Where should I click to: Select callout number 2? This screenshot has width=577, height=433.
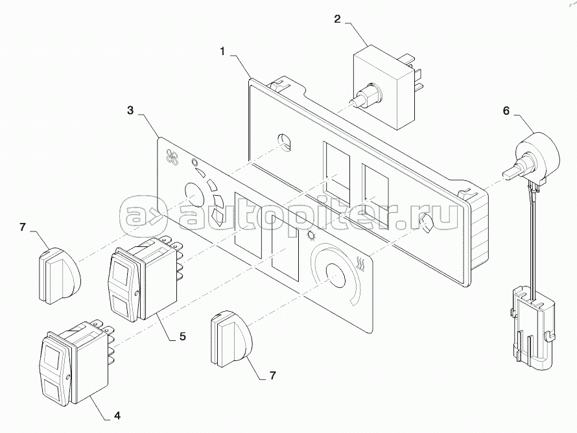(x=337, y=19)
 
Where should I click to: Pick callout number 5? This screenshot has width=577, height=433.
(x=182, y=336)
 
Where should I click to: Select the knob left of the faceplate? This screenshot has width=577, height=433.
(x=57, y=275)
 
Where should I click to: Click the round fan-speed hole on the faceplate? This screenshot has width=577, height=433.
(x=193, y=192)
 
